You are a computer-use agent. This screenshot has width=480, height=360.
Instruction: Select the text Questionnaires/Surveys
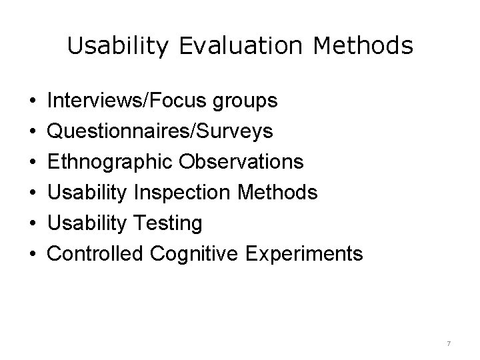pos(161,131)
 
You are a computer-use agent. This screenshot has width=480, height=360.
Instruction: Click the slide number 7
pos(449,343)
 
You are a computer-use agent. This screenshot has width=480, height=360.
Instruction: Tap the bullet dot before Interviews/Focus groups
pos(33,101)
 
